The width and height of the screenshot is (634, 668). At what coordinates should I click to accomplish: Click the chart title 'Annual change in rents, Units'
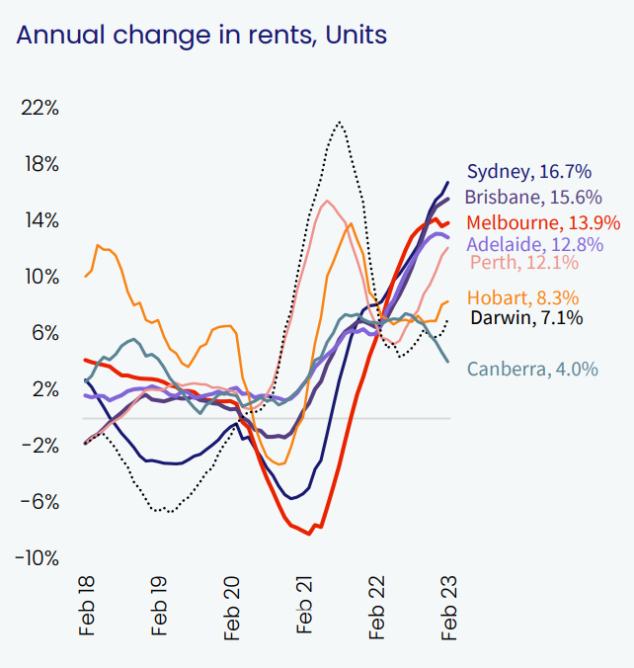coord(201,36)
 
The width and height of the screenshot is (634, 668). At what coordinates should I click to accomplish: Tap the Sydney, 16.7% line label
coord(527,171)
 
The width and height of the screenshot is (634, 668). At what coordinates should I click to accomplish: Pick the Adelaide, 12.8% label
coord(533,243)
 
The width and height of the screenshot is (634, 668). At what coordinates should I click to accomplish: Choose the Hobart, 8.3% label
coord(522,297)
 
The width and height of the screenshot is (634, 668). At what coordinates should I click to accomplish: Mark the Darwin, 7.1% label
coord(526,318)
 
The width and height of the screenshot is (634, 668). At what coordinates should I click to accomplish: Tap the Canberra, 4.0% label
coord(531,370)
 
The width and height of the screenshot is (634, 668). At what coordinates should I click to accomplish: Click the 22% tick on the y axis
coord(40,108)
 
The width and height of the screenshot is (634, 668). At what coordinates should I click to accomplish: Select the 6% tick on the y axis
coord(43,333)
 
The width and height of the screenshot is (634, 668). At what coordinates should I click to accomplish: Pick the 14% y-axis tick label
coord(40,220)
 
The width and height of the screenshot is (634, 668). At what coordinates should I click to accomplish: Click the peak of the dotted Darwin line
coord(339,122)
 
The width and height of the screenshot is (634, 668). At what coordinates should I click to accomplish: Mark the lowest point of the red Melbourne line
coord(309,534)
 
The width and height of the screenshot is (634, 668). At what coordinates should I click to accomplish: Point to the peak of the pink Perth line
coord(327,202)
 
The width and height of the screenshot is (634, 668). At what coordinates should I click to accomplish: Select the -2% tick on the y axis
coord(39,446)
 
